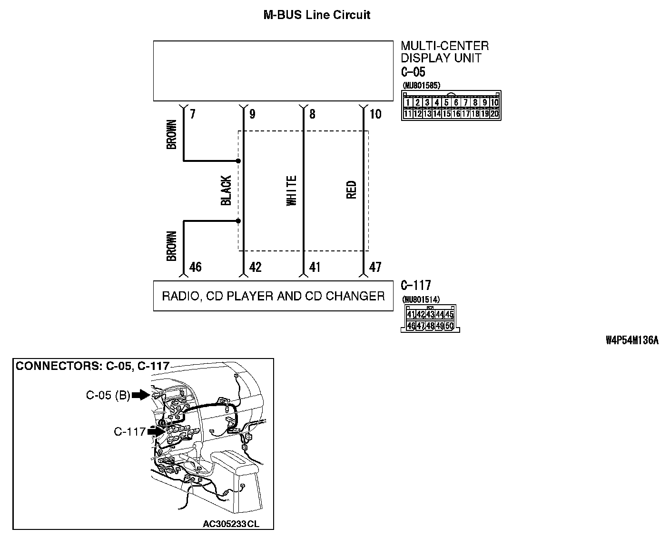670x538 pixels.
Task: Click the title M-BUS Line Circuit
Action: click(317, 15)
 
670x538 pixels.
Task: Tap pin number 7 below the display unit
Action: click(192, 114)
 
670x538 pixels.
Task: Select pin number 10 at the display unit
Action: click(375, 114)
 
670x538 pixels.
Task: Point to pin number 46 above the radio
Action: click(195, 267)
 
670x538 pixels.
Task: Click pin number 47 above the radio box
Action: click(375, 267)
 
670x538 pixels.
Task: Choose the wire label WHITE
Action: click(292, 191)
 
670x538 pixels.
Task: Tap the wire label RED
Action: click(352, 189)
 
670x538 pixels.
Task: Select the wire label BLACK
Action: click(226, 190)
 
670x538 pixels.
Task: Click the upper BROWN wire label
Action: click(172, 134)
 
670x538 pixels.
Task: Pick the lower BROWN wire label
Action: click(172, 246)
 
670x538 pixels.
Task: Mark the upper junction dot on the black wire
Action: click(238, 161)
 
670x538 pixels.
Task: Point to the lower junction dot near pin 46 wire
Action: click(238, 221)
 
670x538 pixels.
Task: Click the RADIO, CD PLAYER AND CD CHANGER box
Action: click(273, 296)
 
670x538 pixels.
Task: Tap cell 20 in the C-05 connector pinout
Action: click(494, 113)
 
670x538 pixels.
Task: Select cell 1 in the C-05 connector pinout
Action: click(408, 102)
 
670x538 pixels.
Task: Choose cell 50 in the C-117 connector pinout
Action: click(449, 326)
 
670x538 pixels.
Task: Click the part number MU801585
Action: click(421, 86)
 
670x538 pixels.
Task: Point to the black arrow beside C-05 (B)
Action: click(140, 395)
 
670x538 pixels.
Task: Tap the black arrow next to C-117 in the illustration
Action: click(155, 431)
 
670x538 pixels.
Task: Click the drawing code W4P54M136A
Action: click(632, 340)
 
